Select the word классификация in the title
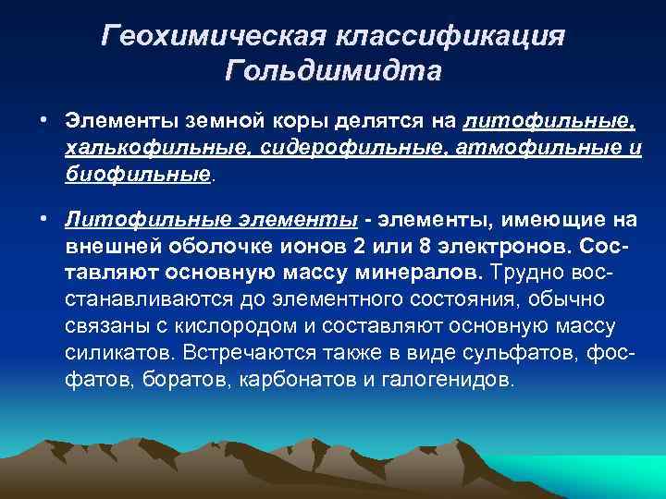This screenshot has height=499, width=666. tap(452, 36)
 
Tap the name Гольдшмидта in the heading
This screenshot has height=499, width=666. tap(333, 71)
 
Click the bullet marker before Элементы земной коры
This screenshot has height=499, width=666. tap(43, 122)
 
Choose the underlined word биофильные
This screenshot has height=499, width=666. tap(138, 174)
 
